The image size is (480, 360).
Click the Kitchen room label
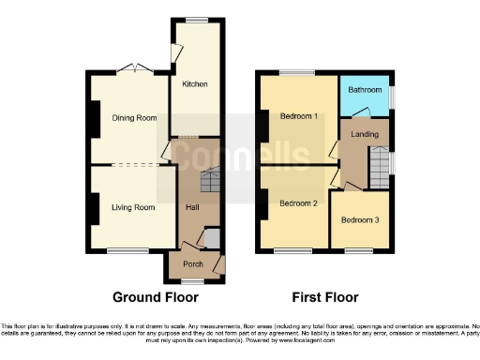[x=195, y=84]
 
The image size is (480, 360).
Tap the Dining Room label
[x=130, y=118]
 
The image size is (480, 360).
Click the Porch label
[x=193, y=264]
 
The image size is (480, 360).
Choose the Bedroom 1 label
[x=299, y=116]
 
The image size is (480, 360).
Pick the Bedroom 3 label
[x=360, y=220]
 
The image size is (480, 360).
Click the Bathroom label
[x=365, y=90]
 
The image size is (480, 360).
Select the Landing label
[x=365, y=135]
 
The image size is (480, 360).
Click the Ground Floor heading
[x=156, y=298]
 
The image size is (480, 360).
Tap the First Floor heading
[x=325, y=298]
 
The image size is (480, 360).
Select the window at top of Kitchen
[x=196, y=20]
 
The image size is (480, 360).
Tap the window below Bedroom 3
[x=359, y=249]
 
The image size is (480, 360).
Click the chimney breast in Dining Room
[x=94, y=117]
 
